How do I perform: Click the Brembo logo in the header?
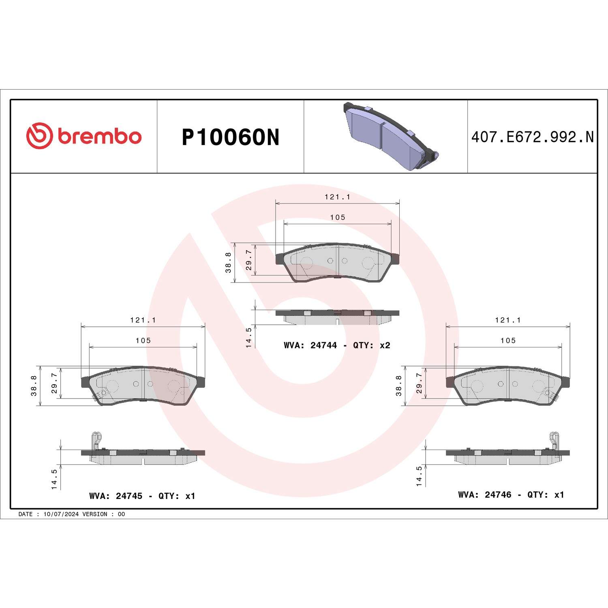84,136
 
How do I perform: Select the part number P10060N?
230,137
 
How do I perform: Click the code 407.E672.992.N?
532,137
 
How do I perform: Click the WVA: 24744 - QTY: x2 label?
337,345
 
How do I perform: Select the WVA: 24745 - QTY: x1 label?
142,496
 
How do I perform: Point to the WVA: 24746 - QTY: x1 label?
511,495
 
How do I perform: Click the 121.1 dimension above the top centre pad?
337,197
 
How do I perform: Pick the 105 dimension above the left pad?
143,340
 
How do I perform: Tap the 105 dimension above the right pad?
508,340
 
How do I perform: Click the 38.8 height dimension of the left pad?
34,385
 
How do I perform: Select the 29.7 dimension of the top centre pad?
249,260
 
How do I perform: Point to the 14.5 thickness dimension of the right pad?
419,476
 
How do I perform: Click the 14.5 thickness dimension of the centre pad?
249,338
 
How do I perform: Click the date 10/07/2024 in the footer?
61,514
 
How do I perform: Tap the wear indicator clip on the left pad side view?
96,441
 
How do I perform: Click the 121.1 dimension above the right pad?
508,320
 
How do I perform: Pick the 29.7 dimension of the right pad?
419,383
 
